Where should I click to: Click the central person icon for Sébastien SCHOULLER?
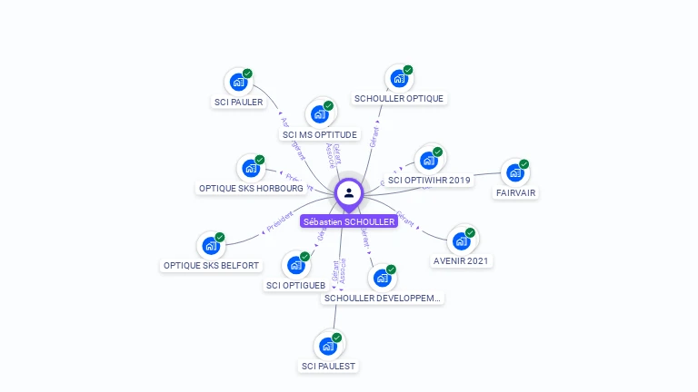[x=349, y=192]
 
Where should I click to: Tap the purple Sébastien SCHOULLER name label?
[x=349, y=221]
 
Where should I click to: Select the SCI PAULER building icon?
[x=238, y=83]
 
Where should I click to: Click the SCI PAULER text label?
[x=238, y=103]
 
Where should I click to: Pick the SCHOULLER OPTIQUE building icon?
[x=399, y=79]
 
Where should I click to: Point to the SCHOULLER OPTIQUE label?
[x=399, y=98]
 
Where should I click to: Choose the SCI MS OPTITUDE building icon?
[x=319, y=114]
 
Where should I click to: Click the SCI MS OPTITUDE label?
[x=319, y=135]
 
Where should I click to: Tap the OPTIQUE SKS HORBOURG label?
[x=251, y=189]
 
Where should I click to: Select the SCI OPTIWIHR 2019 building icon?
[x=428, y=161]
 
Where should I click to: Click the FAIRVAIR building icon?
[x=515, y=173]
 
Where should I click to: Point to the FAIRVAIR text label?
[x=515, y=193]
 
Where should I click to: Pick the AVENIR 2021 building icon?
[x=461, y=241]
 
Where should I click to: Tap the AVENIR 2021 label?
[x=461, y=261]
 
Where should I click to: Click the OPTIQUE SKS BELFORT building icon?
[x=211, y=246]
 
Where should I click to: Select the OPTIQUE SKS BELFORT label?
[x=211, y=266]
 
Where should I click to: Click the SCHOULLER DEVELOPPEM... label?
[x=383, y=298]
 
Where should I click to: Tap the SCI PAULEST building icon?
[x=328, y=347]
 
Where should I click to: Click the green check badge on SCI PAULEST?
[x=337, y=338]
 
